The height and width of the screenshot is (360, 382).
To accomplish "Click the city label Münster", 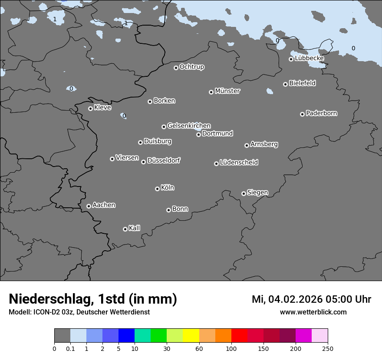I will coord(227,91).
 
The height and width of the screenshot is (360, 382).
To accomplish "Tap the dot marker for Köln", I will coord(157,189).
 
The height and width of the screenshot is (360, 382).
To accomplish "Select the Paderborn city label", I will coord(321,113).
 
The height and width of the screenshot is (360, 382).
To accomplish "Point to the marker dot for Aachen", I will coord(89,206).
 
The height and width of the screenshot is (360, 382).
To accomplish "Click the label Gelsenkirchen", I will coord(189,126).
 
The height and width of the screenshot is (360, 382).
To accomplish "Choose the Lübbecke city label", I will coord(309,58).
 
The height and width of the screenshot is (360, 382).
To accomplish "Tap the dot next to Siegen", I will coord(244,193).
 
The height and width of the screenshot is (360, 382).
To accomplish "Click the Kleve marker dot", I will coord(90,108).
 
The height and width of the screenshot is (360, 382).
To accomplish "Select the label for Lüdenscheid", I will coord(239,163).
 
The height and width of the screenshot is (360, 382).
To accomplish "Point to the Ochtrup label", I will coord(191,67).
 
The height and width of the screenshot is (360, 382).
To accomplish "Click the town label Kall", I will coord(134,228).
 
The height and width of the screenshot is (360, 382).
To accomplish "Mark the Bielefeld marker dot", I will coord(285,84).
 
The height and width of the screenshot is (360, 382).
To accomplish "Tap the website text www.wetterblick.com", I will coord(313,312).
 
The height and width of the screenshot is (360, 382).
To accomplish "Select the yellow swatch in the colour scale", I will coord(191,336).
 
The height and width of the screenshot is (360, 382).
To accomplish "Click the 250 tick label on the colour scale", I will coord(328,348).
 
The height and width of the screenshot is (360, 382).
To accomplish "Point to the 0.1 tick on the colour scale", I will coord(70,348).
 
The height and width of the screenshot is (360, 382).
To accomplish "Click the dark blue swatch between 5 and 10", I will coord(126,336).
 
